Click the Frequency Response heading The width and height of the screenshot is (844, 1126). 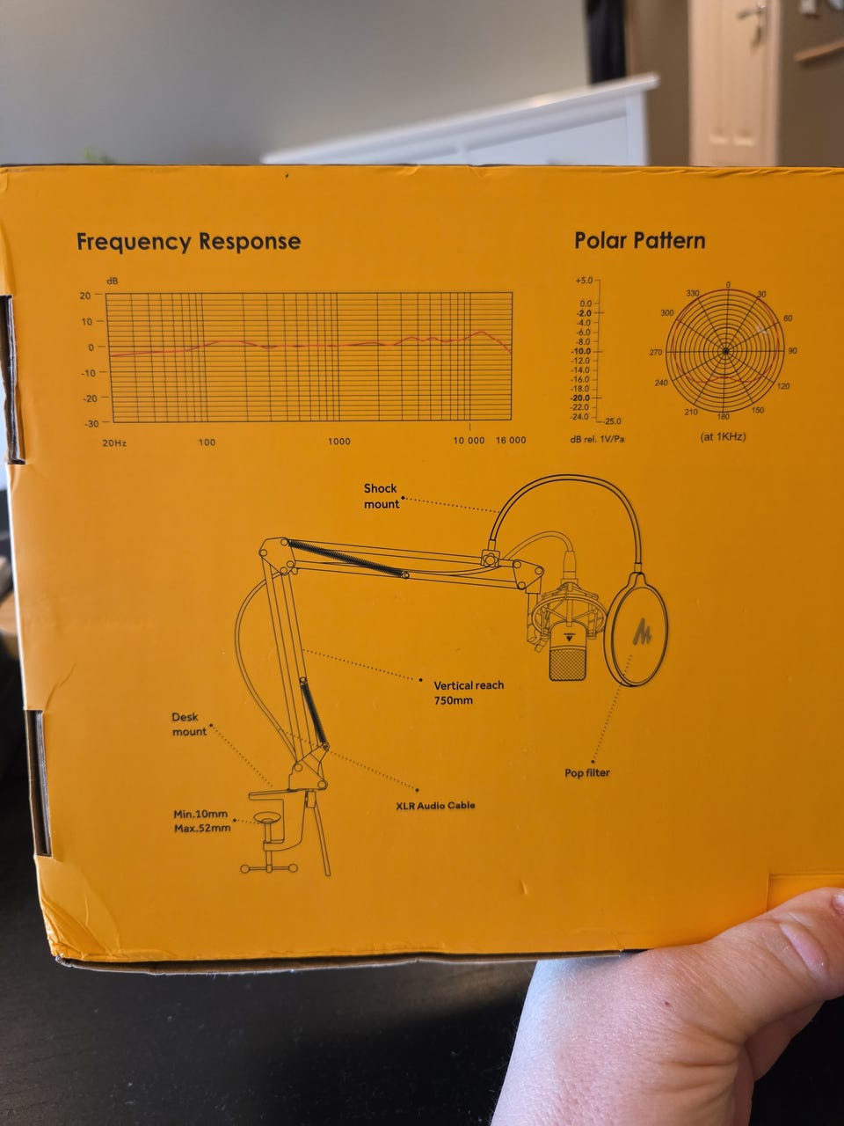188,242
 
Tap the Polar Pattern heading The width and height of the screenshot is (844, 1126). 639,240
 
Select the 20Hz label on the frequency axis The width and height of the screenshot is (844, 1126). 114,442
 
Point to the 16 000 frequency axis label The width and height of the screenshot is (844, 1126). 511,440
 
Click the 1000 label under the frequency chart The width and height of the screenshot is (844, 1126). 339,442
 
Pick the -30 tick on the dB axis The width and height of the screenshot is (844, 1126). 91,424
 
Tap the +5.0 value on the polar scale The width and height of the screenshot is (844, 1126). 584,281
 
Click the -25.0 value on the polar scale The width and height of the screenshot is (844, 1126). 612,421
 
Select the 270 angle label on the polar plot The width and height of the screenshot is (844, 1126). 656,353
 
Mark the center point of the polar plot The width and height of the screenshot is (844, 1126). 725,351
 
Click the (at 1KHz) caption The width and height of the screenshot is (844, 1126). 723,436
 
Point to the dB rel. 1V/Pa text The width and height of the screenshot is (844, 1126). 597,439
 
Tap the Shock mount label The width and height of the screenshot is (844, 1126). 382,496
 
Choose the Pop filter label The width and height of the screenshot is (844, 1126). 587,772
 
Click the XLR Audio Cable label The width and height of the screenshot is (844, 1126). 435,806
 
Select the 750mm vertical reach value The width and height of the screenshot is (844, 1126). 454,700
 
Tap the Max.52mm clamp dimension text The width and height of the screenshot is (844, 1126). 202,828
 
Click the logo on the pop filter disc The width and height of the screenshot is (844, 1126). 641,632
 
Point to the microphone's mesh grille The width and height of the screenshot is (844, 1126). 568,664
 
